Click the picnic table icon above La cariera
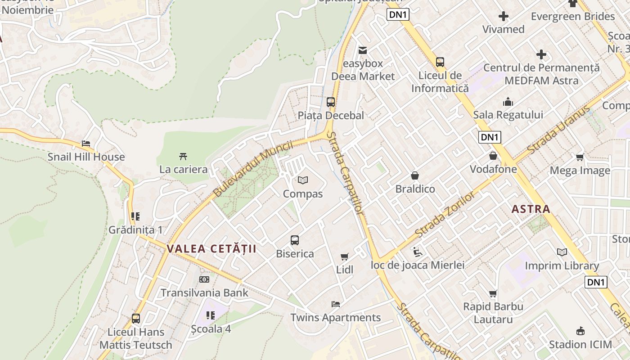[x=183, y=157]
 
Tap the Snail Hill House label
[x=86, y=157]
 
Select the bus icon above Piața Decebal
[x=331, y=102]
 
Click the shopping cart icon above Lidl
[x=345, y=257]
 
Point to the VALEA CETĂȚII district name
[x=211, y=249]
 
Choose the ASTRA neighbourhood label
[x=531, y=209]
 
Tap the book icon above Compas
[x=303, y=180]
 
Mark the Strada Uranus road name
[x=558, y=130]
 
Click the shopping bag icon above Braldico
[x=415, y=175]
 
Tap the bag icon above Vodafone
[x=493, y=156]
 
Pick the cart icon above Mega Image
[x=580, y=157]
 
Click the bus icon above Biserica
[x=295, y=240]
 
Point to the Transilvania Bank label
[x=204, y=293]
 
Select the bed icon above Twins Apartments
[x=336, y=304]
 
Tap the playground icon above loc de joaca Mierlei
[x=417, y=252]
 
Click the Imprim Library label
[x=562, y=266]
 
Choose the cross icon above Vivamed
[x=504, y=17]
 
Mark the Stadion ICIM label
[x=580, y=345]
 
